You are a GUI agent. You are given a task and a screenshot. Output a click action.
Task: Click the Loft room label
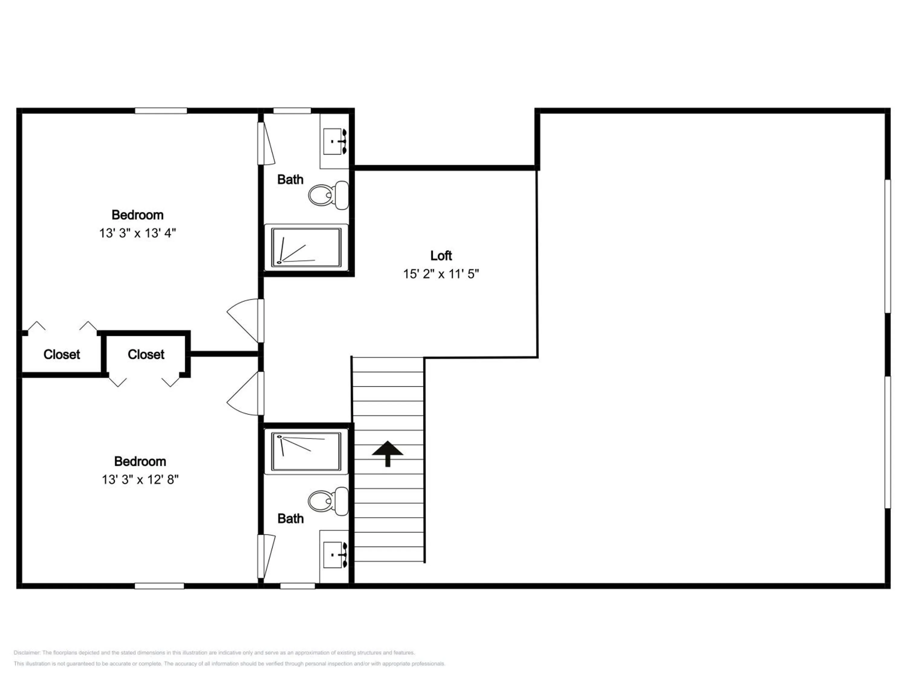pyautogui.click(x=441, y=256)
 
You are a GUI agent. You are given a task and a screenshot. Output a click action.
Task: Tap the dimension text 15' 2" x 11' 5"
pyautogui.click(x=441, y=274)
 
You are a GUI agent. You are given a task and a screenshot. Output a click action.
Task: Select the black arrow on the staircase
pyautogui.click(x=388, y=454)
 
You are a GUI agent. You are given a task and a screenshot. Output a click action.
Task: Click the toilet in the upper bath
pyautogui.click(x=328, y=195)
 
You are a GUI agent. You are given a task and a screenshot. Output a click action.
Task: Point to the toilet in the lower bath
pyautogui.click(x=328, y=501)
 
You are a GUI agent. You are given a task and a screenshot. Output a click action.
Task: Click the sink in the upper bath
pyautogui.click(x=335, y=141)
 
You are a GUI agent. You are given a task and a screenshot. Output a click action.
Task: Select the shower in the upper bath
pyautogui.click(x=306, y=248)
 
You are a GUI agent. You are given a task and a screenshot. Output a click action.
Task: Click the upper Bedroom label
pyautogui.click(x=137, y=215)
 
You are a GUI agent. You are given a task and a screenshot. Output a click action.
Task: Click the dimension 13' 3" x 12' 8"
pyautogui.click(x=140, y=480)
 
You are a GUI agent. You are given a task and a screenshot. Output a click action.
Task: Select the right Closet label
pyautogui.click(x=146, y=354)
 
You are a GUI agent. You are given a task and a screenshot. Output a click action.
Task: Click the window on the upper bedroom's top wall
pyautogui.click(x=161, y=111)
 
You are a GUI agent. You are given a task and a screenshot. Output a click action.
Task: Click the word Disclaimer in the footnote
pyautogui.click(x=27, y=653)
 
